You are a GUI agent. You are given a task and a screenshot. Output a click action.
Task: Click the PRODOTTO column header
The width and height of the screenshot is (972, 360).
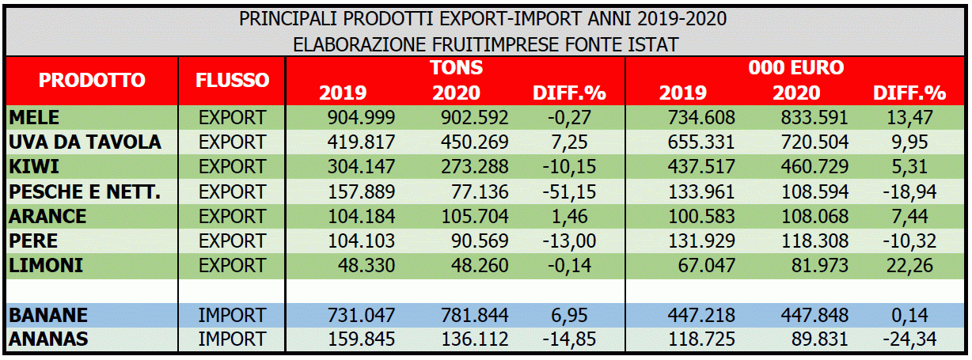[93, 80]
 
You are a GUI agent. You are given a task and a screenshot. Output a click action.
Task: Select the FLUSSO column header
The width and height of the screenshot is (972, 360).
[232, 80]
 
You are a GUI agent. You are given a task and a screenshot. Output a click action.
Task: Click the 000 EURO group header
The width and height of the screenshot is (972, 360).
[795, 67]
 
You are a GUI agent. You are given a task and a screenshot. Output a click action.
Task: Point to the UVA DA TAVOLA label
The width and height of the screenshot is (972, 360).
[85, 142]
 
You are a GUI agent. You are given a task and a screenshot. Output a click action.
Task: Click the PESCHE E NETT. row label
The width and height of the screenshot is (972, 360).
[85, 191]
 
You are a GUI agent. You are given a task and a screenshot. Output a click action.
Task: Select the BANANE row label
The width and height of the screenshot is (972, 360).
[47, 315]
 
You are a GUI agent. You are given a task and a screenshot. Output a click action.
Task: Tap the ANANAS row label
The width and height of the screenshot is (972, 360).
[47, 339]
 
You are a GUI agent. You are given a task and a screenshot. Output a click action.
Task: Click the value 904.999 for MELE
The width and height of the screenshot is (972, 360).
[362, 118]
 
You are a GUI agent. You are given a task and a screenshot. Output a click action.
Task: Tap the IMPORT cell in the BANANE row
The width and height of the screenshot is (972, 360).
[232, 315]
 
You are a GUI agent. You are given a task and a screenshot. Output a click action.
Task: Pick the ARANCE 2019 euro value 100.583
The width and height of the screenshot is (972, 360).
[702, 216]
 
